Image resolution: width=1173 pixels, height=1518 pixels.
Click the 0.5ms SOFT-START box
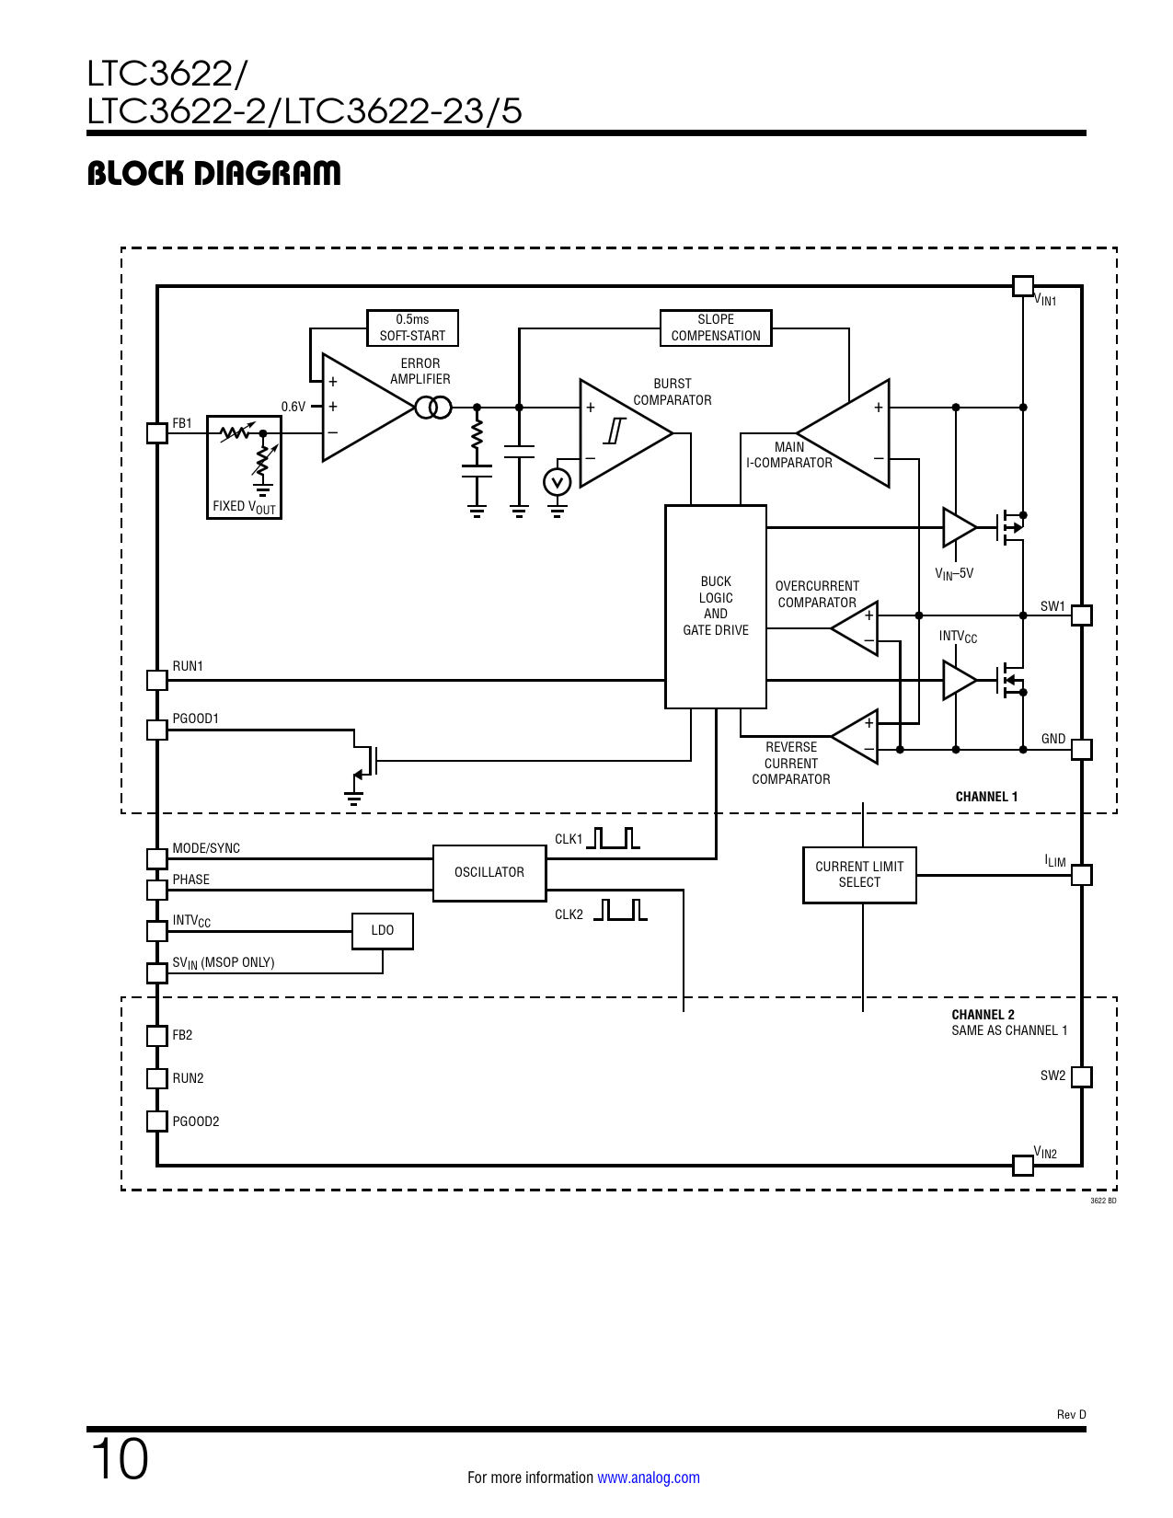pos(412,328)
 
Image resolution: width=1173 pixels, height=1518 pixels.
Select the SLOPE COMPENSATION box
pos(716,328)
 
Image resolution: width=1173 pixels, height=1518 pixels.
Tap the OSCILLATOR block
pos(489,872)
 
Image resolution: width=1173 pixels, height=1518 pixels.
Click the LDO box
pos(383,931)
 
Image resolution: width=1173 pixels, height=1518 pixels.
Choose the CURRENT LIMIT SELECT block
pos(859,875)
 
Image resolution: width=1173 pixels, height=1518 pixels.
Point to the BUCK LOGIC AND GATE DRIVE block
pos(716,606)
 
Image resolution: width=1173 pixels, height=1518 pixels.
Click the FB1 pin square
pos(157,432)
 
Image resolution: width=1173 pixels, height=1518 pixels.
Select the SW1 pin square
pos(1082,615)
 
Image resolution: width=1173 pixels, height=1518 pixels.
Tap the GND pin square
pos(1082,750)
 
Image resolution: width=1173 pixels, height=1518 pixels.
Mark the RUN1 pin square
pos(157,680)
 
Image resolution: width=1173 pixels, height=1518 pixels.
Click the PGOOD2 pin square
pos(157,1121)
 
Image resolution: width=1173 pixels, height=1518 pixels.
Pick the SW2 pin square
pos(1082,1076)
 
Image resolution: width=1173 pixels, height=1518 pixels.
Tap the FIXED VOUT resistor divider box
pos(244,467)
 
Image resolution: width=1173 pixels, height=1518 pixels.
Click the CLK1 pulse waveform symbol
pos(613,838)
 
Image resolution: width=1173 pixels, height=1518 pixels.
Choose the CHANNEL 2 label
pos(983,1015)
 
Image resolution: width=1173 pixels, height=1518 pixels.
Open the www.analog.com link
pos(648,1478)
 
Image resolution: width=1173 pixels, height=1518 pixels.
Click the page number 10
pos(120,1459)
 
